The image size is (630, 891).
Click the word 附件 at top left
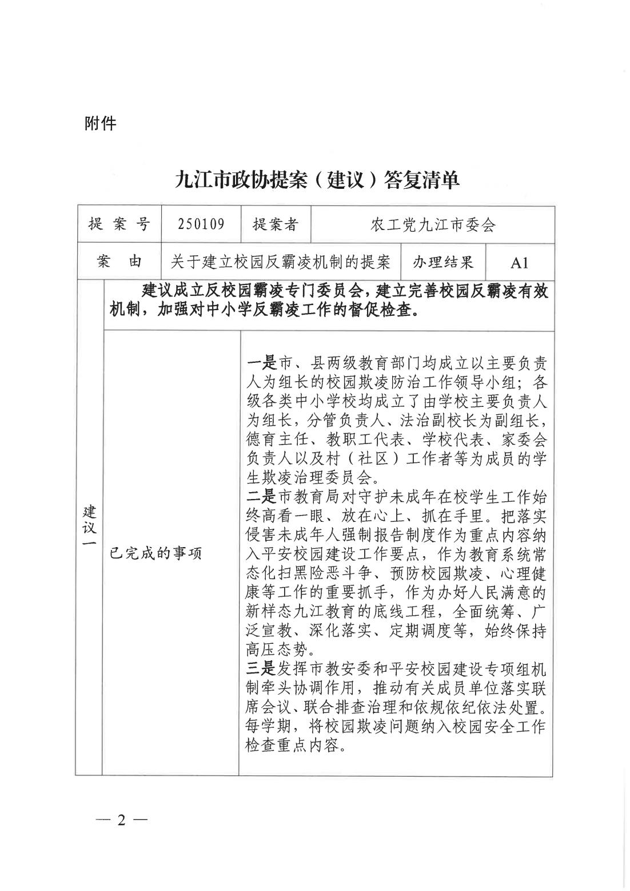(100, 123)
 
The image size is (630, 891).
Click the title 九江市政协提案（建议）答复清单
(317, 180)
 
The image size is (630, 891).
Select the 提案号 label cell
(118, 224)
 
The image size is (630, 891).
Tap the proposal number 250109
(201, 224)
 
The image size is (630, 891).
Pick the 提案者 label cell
(276, 224)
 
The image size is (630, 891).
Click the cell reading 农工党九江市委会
(432, 225)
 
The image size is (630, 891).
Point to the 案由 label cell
(118, 262)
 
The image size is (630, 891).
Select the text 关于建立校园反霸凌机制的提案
(281, 262)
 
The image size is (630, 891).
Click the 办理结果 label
(444, 262)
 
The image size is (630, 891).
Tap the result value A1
(519, 263)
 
